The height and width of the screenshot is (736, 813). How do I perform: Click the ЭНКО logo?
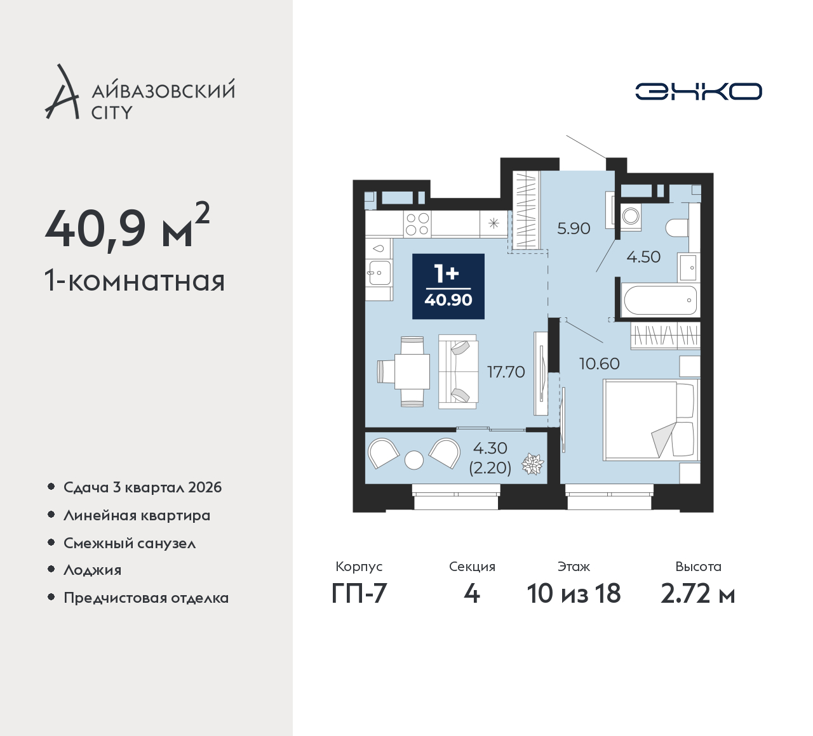[x=698, y=91]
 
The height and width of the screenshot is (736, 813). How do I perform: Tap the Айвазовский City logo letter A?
[x=62, y=91]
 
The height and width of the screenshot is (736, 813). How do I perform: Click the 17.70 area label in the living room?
[x=506, y=372]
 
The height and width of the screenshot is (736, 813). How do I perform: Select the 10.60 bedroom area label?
[x=600, y=364]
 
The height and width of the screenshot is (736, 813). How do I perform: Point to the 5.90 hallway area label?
[x=574, y=229]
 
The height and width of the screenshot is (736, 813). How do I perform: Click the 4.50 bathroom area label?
[x=643, y=257]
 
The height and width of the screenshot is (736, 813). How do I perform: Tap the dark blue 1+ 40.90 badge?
[x=448, y=286]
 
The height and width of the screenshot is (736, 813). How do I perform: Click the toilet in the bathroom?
[x=678, y=228]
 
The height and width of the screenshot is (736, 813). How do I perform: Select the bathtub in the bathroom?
[x=660, y=300]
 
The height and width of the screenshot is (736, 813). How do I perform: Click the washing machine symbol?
[x=631, y=216]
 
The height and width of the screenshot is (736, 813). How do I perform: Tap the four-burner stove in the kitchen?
[x=417, y=224]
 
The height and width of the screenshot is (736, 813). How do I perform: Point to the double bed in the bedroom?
[x=651, y=420]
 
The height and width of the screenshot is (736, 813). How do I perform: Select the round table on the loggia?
[x=413, y=460]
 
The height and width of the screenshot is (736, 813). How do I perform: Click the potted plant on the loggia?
[x=532, y=464]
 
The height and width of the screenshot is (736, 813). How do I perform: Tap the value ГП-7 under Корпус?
[x=359, y=593]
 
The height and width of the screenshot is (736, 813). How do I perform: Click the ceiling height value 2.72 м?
[x=697, y=593]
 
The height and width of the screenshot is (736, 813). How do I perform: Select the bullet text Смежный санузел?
[x=130, y=543]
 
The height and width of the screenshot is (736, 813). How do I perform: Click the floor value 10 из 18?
[x=574, y=593]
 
